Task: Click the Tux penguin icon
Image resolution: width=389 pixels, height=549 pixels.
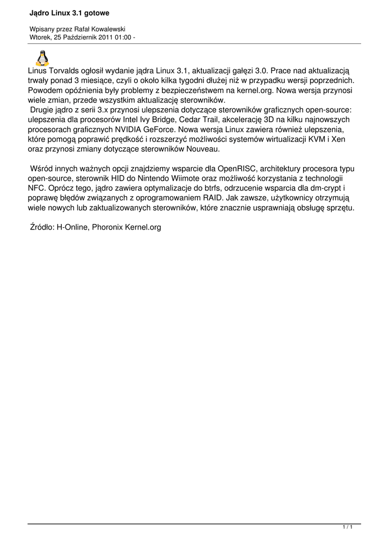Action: [x=42, y=57]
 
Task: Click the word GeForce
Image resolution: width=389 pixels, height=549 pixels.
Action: [x=161, y=130]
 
